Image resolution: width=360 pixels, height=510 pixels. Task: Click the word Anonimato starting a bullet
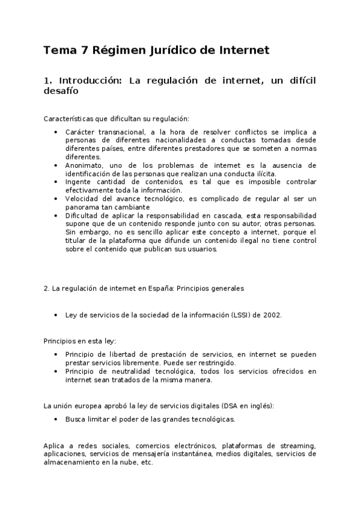click(84, 165)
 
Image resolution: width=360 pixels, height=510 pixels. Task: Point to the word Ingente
click(78, 182)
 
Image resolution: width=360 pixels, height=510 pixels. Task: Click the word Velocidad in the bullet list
click(82, 198)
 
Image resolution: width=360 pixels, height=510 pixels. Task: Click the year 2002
click(272, 315)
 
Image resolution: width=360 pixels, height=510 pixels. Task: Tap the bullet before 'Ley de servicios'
click(56, 315)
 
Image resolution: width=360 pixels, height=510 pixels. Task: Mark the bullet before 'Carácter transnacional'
click(56, 132)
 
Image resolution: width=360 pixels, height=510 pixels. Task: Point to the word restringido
click(215, 363)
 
